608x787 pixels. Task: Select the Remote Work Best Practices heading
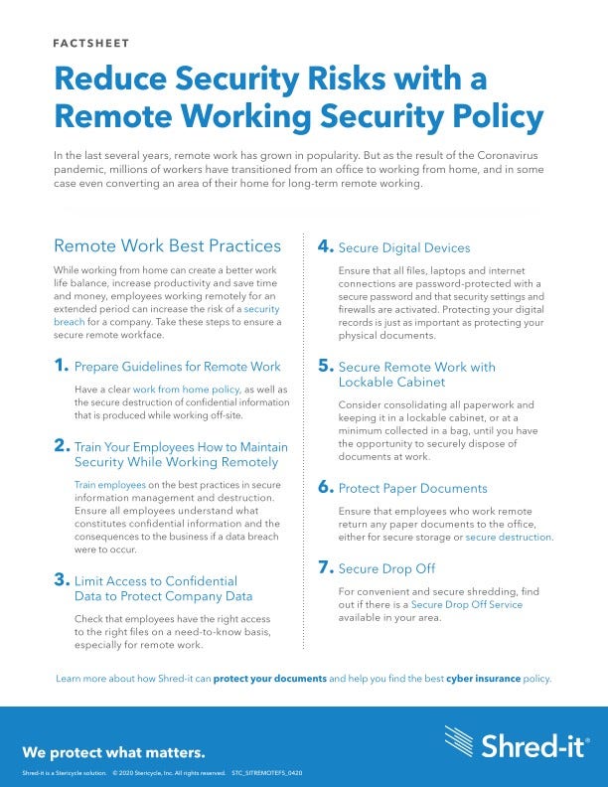click(167, 245)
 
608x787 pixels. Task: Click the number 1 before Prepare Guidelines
click(62, 366)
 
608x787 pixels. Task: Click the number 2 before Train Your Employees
click(62, 419)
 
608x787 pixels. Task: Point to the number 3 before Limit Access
click(62, 579)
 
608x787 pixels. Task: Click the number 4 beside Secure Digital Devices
click(325, 246)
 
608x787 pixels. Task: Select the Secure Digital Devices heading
click(404, 247)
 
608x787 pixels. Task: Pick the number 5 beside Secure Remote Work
click(325, 367)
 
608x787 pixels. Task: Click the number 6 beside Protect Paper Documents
click(325, 488)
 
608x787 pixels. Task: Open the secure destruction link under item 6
click(509, 537)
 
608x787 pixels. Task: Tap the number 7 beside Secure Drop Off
click(325, 568)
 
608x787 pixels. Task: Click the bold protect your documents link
click(270, 679)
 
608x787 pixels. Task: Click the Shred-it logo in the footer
click(516, 741)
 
